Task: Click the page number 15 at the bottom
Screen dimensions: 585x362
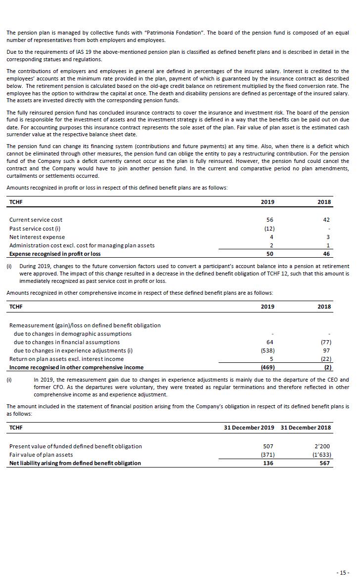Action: (343, 573)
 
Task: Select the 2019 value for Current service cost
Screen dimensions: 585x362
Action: (269, 220)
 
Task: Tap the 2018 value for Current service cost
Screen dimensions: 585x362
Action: (326, 220)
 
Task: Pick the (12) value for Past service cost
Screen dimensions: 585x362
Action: (269, 229)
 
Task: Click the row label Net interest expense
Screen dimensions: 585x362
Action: (37, 237)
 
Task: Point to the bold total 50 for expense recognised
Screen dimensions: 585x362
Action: (269, 254)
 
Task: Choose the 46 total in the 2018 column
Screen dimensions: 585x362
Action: (326, 254)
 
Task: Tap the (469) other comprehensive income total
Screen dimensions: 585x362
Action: (268, 367)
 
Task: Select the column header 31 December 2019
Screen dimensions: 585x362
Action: (249, 428)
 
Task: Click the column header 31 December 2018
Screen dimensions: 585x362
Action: (306, 428)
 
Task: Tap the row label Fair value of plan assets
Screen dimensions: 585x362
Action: (41, 455)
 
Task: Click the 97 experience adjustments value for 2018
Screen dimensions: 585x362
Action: (327, 351)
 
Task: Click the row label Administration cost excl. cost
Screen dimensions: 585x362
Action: (82, 245)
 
